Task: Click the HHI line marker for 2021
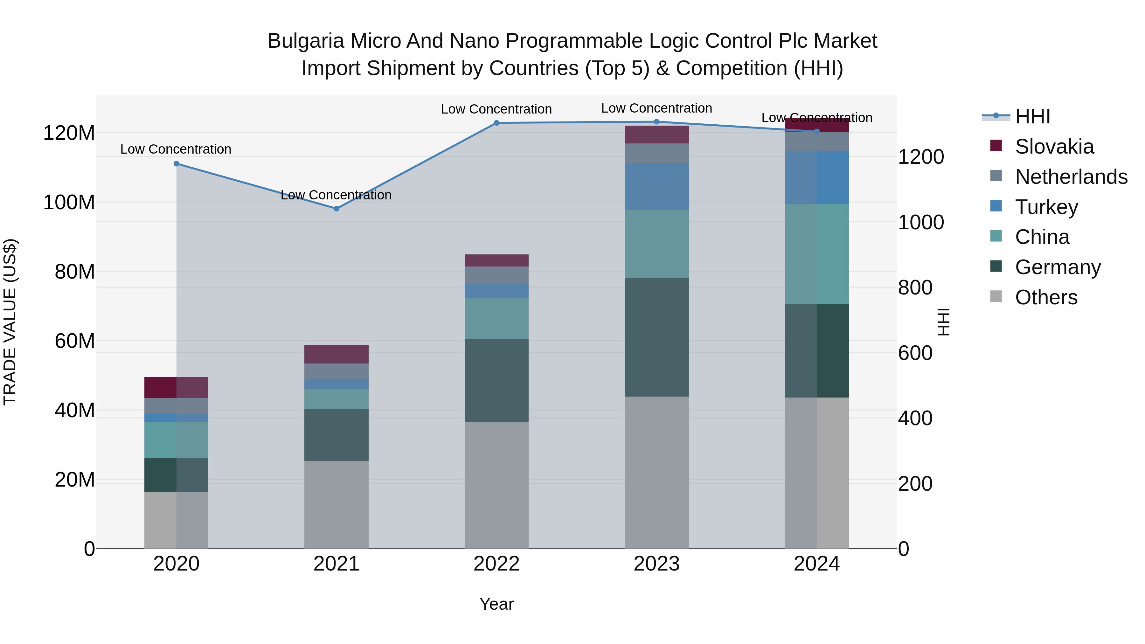coord(337,208)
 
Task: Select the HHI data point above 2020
coord(177,163)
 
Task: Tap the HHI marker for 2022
coord(496,123)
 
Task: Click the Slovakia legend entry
coord(1054,147)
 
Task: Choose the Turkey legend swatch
coord(996,206)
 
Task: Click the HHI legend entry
coord(1032,116)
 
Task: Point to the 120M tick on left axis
coord(69,133)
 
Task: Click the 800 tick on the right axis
coord(915,287)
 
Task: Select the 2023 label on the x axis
coord(656,564)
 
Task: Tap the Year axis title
coord(496,604)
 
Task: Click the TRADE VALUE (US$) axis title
coord(10,322)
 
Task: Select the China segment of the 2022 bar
coord(496,318)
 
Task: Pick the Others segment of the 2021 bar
coord(337,504)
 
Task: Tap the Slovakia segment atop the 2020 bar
coord(177,387)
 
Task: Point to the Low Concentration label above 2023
coord(656,108)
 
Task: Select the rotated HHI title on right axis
coord(943,322)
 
